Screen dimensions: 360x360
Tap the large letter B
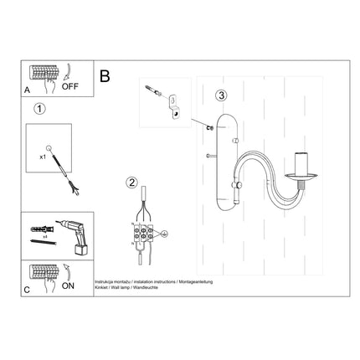105,75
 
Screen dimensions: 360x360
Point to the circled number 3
220,95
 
